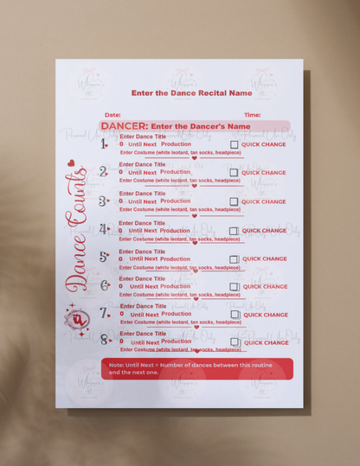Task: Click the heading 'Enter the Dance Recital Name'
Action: pos(191,93)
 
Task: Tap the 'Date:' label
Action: pos(112,114)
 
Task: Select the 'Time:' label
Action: pos(252,114)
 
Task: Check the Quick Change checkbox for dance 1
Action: pos(234,145)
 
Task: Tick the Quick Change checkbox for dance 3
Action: pos(234,201)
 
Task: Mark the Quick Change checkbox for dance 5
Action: pos(234,259)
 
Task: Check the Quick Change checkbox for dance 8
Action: pos(234,342)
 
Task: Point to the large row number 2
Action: pos(104,172)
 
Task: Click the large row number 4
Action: pos(104,229)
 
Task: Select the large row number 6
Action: pos(105,285)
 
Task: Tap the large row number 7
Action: pos(105,313)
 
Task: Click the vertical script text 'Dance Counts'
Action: pos(76,229)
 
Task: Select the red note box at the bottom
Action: pos(196,368)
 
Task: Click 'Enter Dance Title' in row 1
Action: pos(143,137)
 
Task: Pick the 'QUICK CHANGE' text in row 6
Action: pos(264,286)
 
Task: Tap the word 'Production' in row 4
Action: pos(175,230)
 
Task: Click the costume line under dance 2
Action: pos(180,181)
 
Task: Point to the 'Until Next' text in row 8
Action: pos(144,342)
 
